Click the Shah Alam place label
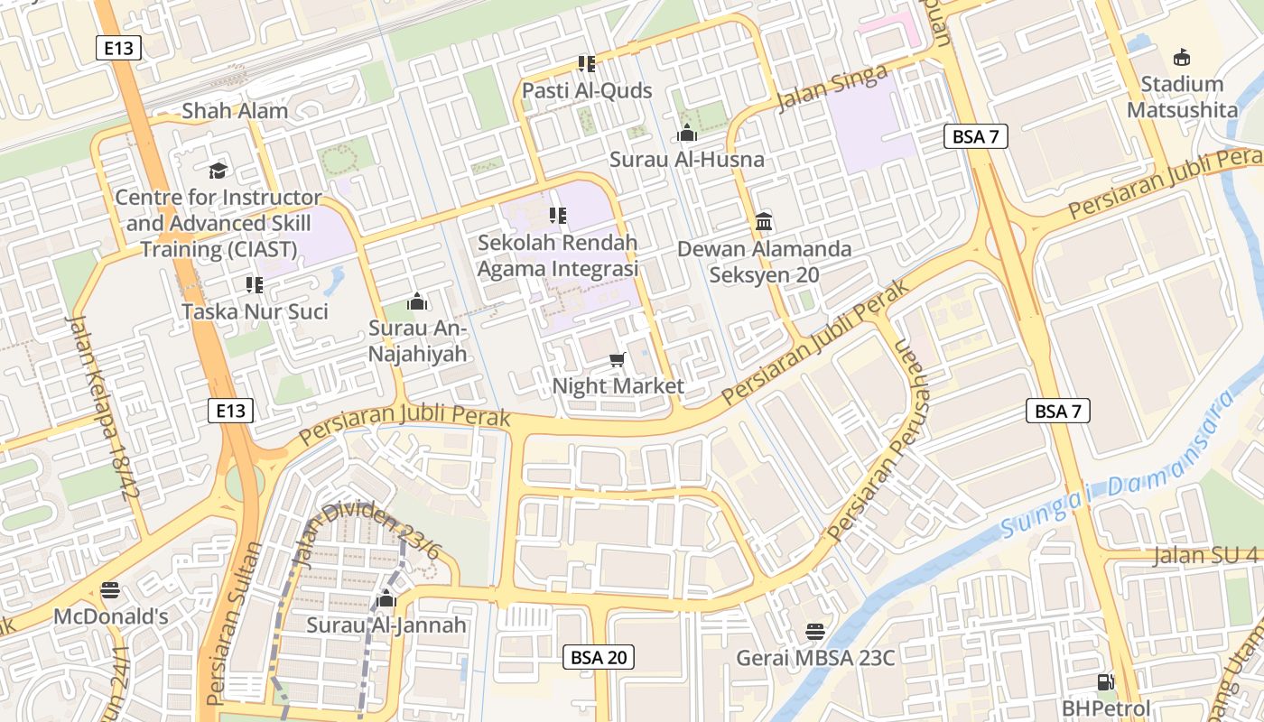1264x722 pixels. [x=235, y=111]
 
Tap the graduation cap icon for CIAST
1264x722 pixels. [x=218, y=171]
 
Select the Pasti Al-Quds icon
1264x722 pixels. [x=587, y=63]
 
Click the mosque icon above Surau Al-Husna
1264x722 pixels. [x=687, y=134]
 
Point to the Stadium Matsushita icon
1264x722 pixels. [x=1182, y=58]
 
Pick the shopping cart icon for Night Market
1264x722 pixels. [x=618, y=360]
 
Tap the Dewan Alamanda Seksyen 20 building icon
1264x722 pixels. [x=765, y=221]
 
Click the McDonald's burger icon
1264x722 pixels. [x=111, y=590]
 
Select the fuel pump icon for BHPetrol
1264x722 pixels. [x=1105, y=682]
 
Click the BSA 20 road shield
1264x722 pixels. [x=598, y=657]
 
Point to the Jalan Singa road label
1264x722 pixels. [x=832, y=89]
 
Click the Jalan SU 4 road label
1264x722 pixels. [x=1205, y=555]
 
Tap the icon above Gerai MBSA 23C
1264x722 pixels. [x=815, y=631]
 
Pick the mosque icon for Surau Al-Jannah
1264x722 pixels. [x=386, y=598]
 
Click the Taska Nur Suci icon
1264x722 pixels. [x=255, y=285]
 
